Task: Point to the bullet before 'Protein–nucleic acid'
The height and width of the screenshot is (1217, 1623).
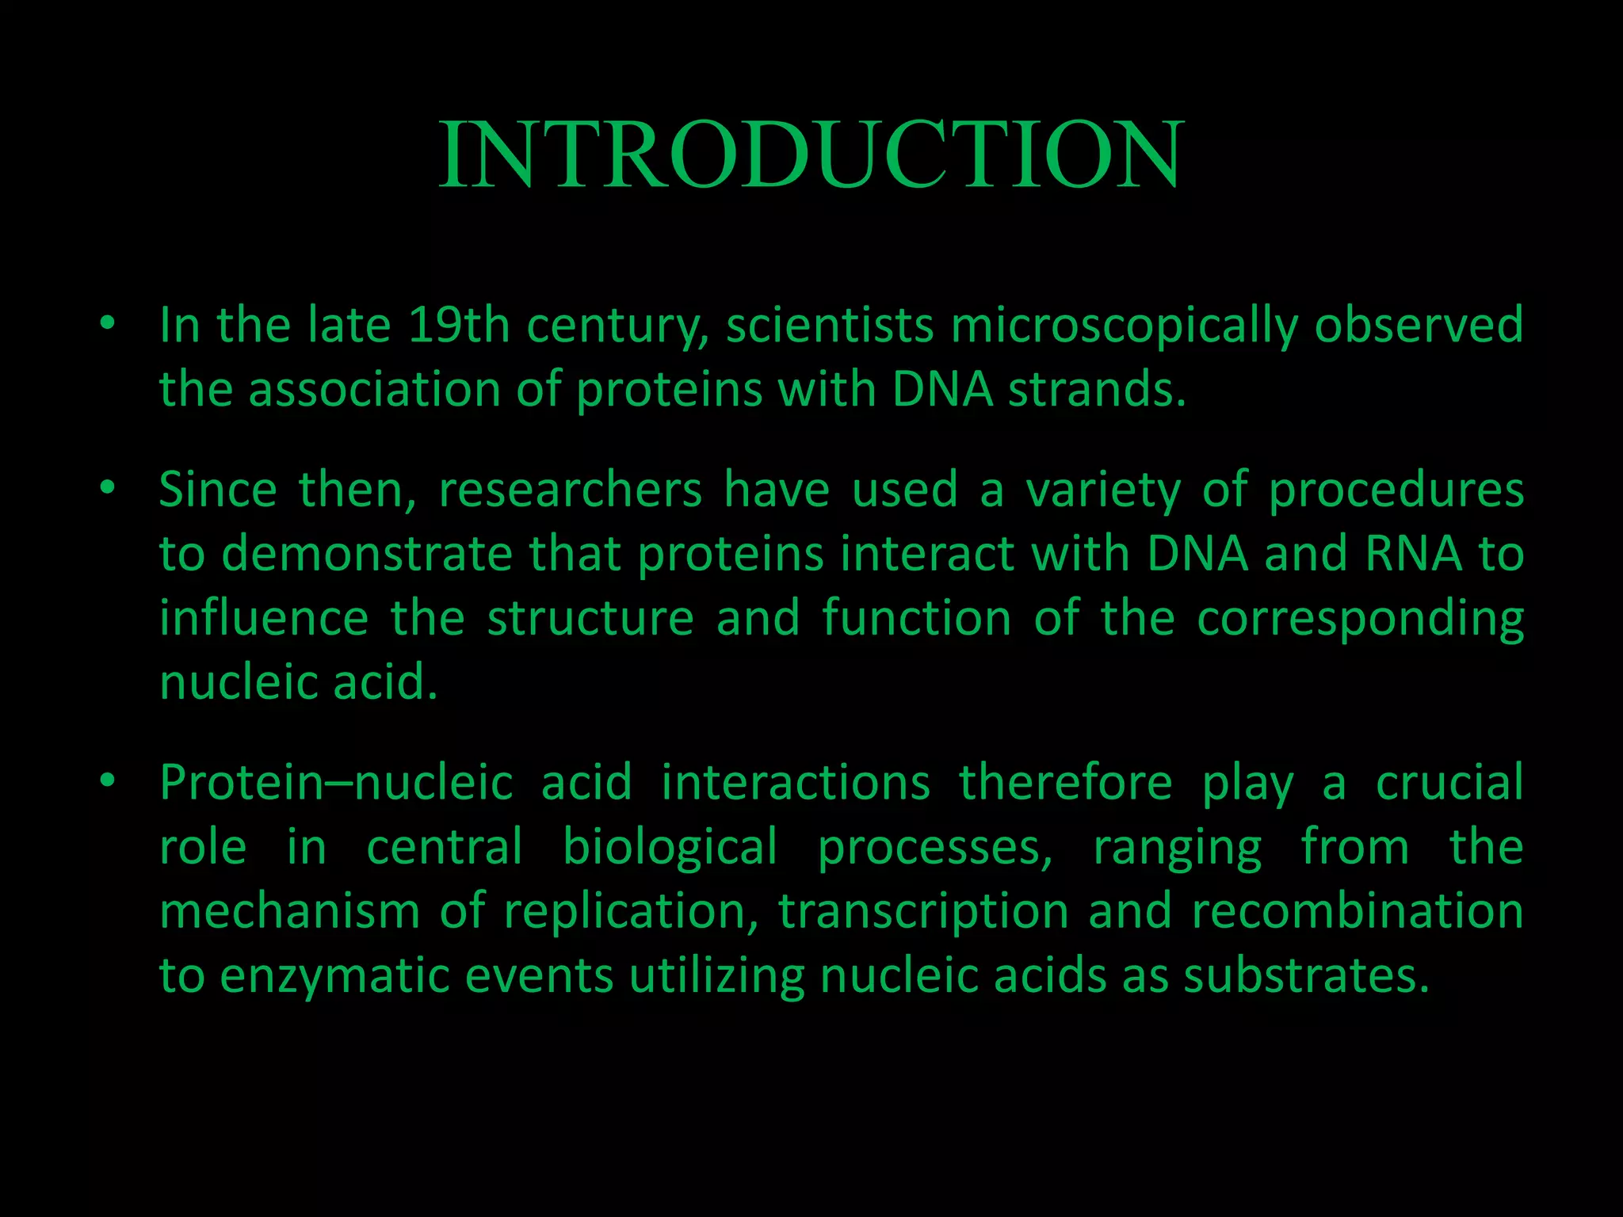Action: coord(108,780)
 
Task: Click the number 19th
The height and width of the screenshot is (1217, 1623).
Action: coord(459,325)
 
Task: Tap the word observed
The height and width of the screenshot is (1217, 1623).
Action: coord(1419,325)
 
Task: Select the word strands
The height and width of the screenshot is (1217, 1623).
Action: coord(1098,390)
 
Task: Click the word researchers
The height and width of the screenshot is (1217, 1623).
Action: coord(571,490)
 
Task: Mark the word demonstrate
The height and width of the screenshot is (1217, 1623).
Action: coord(367,554)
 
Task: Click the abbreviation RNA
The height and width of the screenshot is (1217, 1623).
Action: coord(1414,554)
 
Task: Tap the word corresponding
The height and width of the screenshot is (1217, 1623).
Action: coord(1360,620)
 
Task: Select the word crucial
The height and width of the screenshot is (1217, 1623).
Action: coord(1449,783)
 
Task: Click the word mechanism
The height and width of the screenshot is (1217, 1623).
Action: coord(289,911)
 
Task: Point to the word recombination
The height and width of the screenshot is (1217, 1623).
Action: coord(1358,911)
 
